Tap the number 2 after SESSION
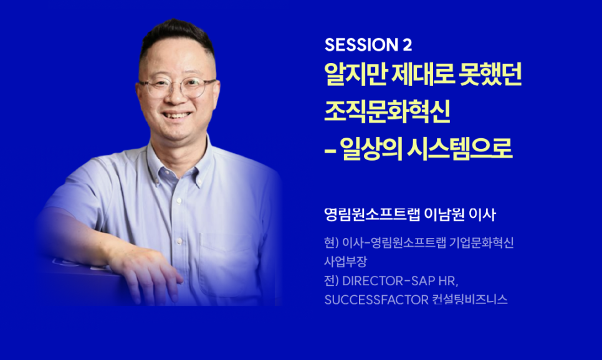click(x=408, y=45)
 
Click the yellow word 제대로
click(x=423, y=74)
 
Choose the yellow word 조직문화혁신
click(x=387, y=111)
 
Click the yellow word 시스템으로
click(x=459, y=148)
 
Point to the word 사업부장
click(x=345, y=262)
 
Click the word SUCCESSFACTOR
click(x=376, y=300)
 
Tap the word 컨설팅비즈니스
click(x=469, y=300)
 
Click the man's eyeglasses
click(x=178, y=87)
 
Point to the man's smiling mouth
click(x=177, y=115)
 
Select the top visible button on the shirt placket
click(x=178, y=201)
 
